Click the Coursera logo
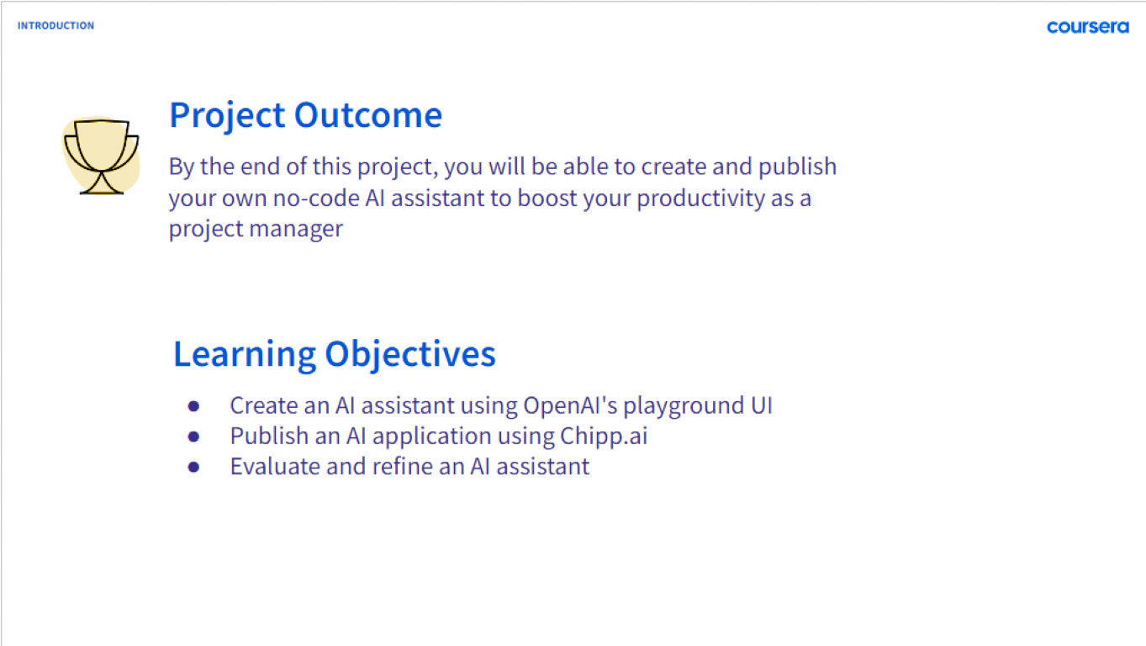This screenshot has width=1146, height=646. click(1088, 27)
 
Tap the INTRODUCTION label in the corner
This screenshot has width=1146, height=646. click(55, 25)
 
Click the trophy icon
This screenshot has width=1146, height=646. click(101, 156)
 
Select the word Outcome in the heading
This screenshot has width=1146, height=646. click(367, 114)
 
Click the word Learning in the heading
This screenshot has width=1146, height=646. click(245, 354)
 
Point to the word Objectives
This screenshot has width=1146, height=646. click(410, 354)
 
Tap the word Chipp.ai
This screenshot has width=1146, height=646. click(604, 437)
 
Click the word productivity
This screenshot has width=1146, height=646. click(700, 199)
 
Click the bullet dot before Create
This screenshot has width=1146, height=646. click(193, 406)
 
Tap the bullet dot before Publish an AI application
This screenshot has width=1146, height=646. click(193, 437)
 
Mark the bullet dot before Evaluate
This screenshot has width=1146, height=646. click(193, 467)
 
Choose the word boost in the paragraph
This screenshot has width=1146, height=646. click(547, 199)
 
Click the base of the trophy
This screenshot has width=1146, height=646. click(101, 192)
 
